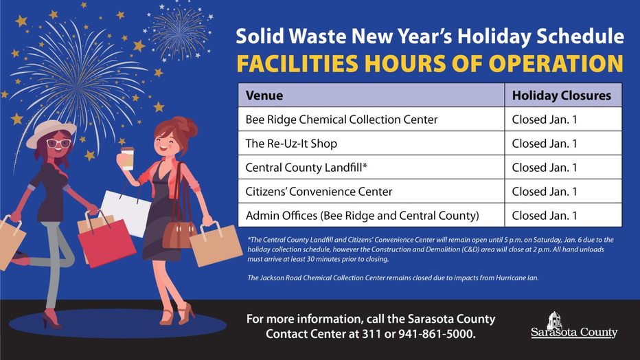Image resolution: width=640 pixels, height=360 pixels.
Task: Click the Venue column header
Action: [x=371, y=95]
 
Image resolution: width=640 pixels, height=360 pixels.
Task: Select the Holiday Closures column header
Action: [x=563, y=95]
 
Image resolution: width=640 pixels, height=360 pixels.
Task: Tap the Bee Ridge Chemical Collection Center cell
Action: [x=371, y=119]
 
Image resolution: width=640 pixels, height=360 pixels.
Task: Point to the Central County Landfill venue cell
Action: [x=371, y=168]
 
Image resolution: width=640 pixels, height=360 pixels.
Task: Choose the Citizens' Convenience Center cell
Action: [x=371, y=191]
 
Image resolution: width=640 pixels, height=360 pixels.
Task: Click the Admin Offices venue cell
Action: [x=371, y=215]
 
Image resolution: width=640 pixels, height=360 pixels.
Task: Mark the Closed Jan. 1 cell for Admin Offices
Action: [x=563, y=215]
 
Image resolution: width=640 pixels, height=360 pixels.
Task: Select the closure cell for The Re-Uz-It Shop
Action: [x=563, y=144]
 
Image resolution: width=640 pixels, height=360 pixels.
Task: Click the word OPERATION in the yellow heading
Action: [x=556, y=64]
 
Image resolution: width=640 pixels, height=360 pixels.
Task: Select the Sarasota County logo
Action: [x=574, y=326]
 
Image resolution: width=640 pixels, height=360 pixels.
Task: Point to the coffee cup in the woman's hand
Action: [x=127, y=159]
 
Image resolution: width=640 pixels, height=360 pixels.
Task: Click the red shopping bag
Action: [x=106, y=241]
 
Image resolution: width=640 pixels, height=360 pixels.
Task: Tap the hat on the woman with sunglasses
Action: [x=51, y=132]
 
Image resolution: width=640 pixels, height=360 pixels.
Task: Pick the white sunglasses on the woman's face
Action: [x=59, y=144]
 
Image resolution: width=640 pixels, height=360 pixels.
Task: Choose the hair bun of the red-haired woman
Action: [x=187, y=126]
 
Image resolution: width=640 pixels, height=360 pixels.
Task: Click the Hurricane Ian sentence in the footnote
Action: [x=393, y=278]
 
